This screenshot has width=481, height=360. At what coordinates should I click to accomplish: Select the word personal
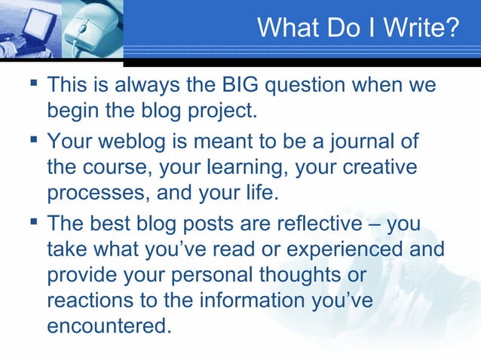click(x=244, y=276)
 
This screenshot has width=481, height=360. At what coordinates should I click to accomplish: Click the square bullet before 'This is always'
click(x=32, y=84)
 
